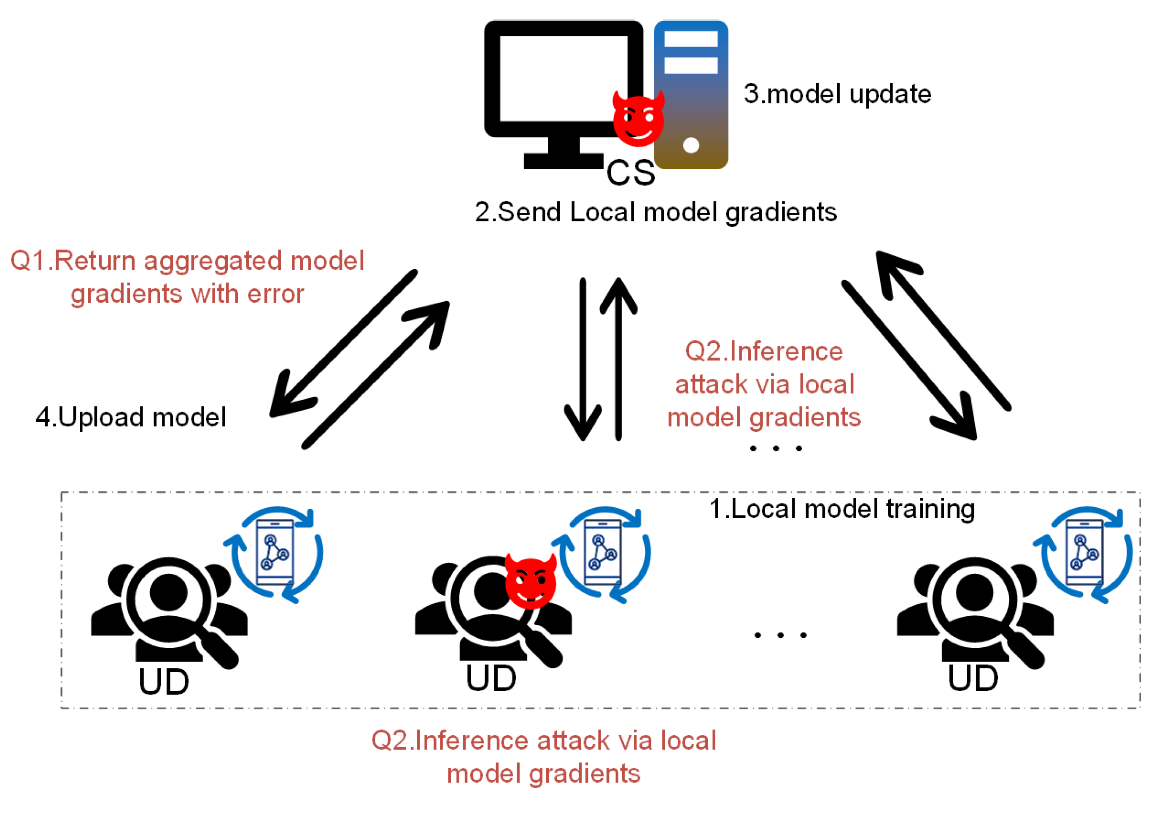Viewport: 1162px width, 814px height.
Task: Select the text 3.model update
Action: click(x=837, y=94)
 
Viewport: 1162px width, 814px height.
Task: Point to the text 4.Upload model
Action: click(x=131, y=418)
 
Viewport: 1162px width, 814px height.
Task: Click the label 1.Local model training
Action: click(x=841, y=509)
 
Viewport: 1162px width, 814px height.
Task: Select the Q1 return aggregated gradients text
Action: click(x=187, y=277)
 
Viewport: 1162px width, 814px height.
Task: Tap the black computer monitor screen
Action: click(x=563, y=79)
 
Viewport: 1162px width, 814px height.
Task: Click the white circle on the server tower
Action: click(x=691, y=145)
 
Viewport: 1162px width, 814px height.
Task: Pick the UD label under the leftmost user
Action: click(x=164, y=682)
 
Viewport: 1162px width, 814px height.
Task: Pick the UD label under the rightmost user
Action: click(x=973, y=678)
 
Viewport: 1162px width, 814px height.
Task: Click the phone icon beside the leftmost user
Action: click(x=275, y=553)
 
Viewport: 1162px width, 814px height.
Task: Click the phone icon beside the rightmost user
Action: click(x=1084, y=553)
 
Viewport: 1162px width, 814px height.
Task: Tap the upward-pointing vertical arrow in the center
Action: click(x=618, y=360)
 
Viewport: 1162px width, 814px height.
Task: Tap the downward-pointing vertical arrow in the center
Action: click(x=583, y=360)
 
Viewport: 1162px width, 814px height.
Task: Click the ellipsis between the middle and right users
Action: click(x=780, y=635)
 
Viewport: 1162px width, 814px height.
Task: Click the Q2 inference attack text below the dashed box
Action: click(x=544, y=756)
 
